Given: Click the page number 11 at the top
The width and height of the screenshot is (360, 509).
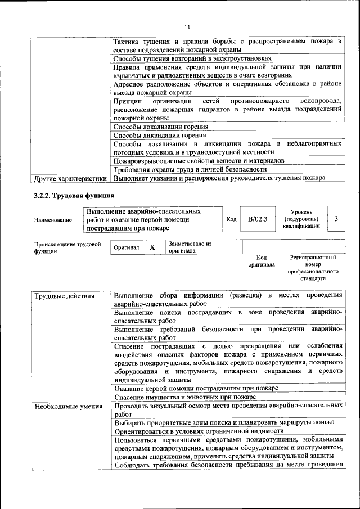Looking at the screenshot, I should click(x=187, y=26).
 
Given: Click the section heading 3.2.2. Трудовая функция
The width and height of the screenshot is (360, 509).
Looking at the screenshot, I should click(x=74, y=196).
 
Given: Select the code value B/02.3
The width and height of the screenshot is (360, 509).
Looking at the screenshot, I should click(x=258, y=219).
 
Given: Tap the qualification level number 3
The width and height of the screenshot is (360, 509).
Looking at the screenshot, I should click(x=336, y=219).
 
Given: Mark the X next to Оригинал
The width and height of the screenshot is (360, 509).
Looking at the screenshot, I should click(x=152, y=247).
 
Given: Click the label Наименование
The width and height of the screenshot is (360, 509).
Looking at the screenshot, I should click(x=53, y=220).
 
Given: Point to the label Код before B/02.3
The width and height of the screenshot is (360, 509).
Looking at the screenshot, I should click(x=231, y=219).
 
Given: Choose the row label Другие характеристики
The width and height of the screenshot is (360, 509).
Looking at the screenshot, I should click(x=71, y=179).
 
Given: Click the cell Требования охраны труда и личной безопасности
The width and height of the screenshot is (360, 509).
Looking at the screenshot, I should click(x=190, y=169).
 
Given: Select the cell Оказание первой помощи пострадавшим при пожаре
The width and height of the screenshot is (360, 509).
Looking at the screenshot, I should click(x=196, y=389).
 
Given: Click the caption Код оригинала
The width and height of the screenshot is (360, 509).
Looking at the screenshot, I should click(x=262, y=260).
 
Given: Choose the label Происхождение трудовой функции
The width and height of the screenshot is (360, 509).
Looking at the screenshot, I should click(x=67, y=248).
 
